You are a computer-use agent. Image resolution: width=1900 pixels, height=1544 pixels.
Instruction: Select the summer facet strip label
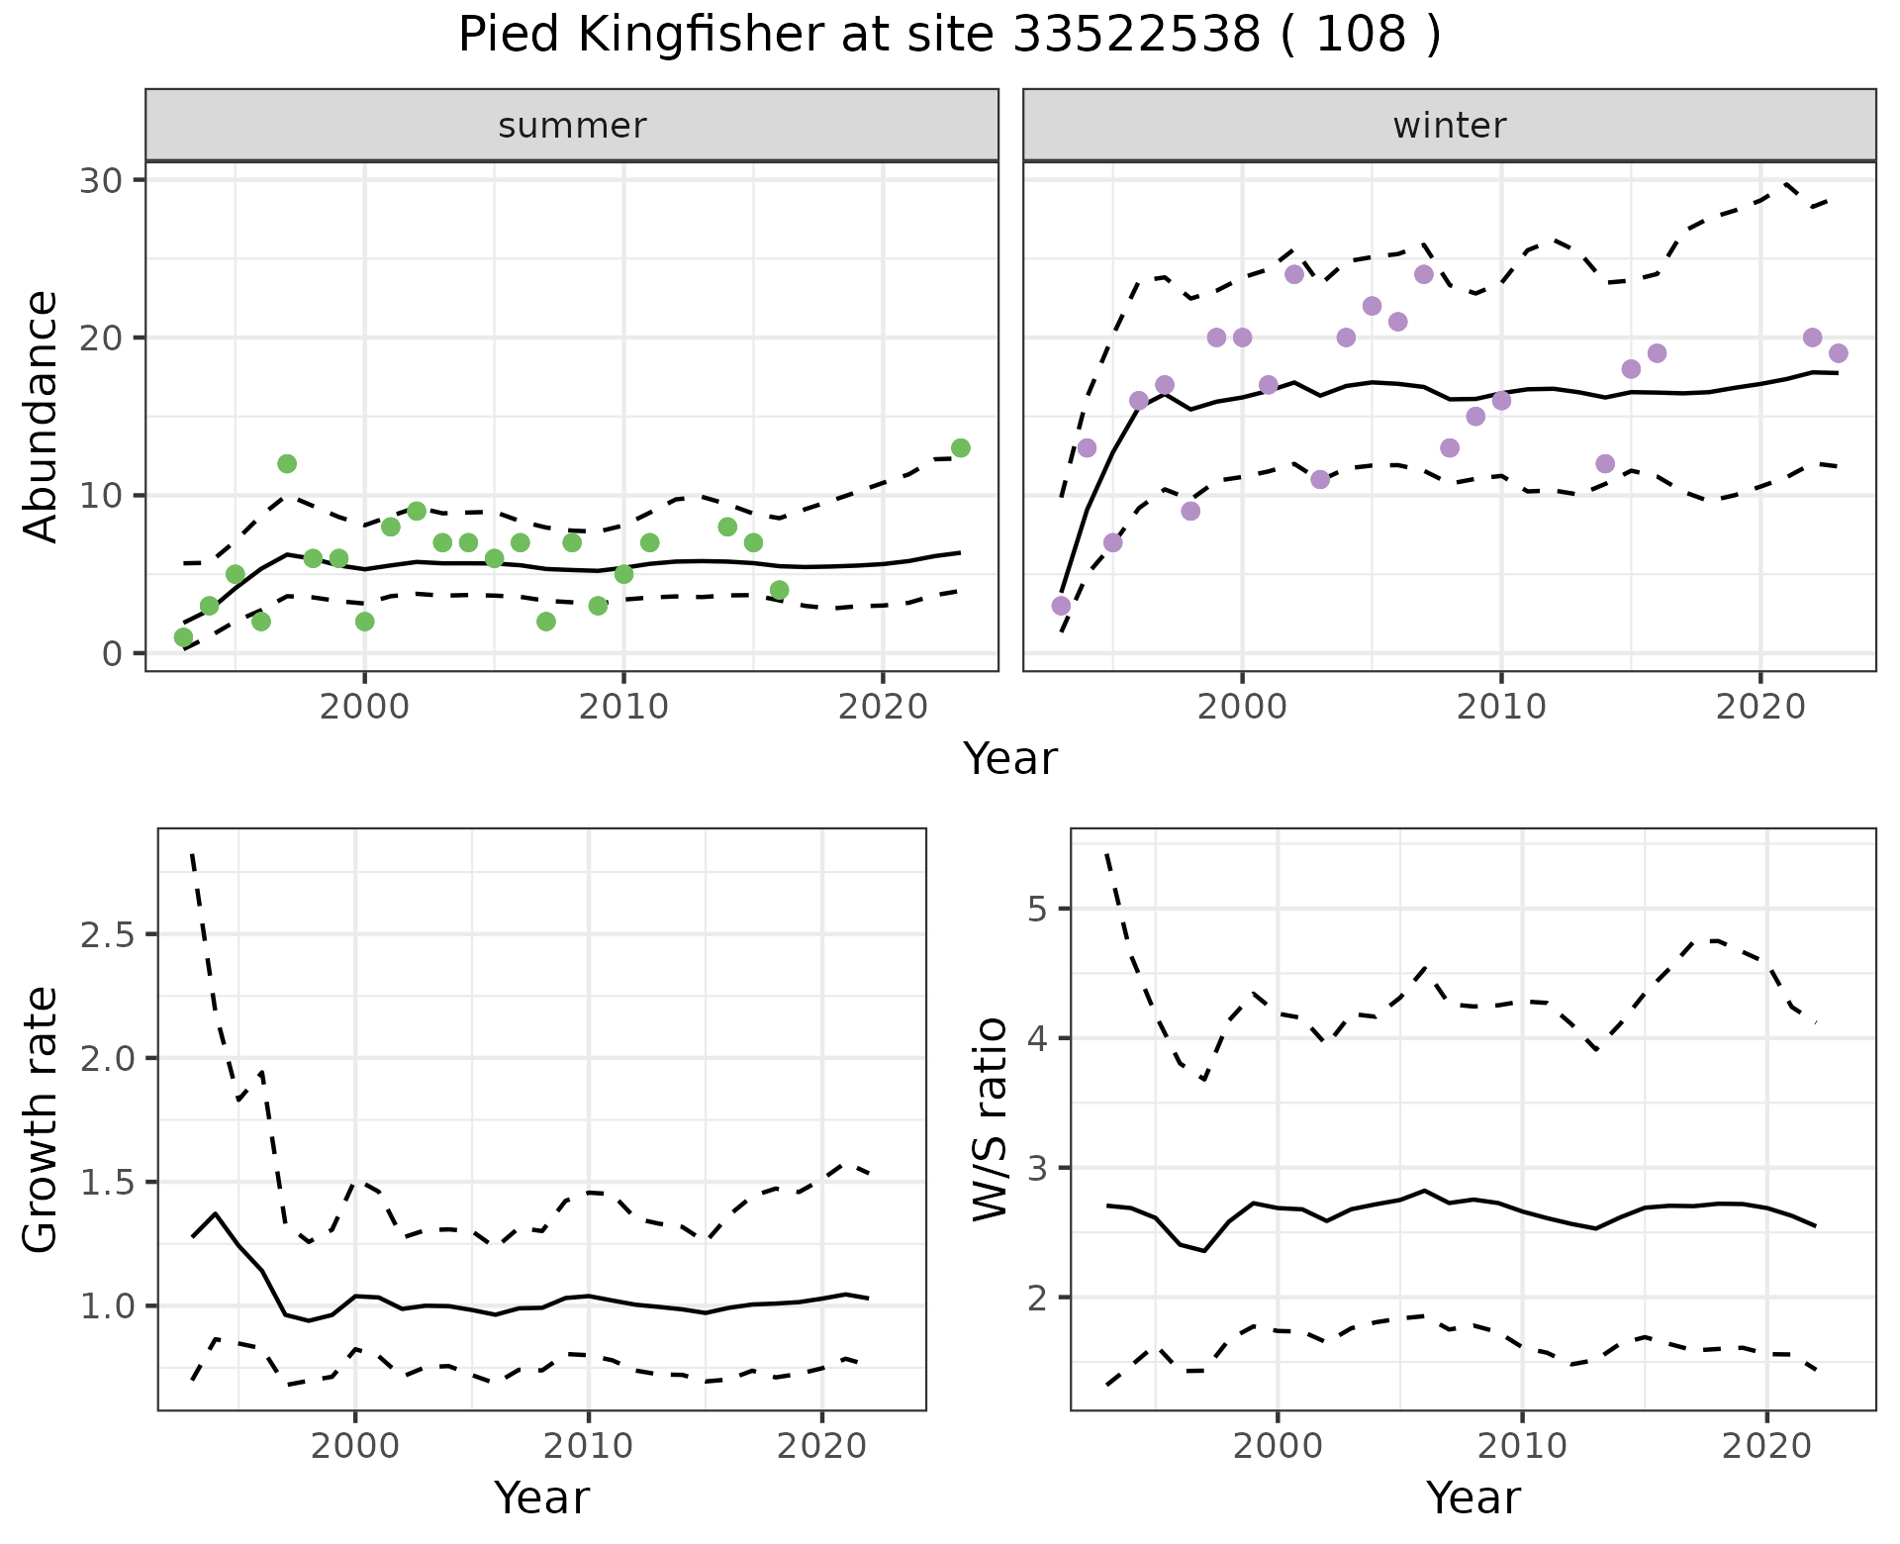(572, 126)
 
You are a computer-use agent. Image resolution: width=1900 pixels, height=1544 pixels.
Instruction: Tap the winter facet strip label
(1449, 126)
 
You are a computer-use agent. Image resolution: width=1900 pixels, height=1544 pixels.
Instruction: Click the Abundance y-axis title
(42, 416)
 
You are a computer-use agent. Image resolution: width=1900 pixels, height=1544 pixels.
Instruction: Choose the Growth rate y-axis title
(42, 1119)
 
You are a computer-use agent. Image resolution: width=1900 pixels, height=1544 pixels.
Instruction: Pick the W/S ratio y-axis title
(990, 1119)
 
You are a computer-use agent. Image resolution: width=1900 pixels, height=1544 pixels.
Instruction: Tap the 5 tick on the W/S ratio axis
(1039, 909)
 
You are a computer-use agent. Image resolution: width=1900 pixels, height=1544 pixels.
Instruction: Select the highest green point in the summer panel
(960, 448)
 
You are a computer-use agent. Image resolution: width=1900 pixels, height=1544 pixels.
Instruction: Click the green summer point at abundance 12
(287, 464)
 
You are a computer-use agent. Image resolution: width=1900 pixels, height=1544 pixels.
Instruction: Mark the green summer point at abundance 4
(779, 591)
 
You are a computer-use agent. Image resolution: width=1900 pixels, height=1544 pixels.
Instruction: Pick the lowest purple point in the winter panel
(1061, 606)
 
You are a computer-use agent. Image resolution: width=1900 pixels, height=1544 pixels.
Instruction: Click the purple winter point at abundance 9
(1190, 512)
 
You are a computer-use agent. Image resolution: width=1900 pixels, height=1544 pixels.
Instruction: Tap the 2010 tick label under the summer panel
(623, 707)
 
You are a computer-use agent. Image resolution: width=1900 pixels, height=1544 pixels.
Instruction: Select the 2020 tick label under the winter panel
(1759, 707)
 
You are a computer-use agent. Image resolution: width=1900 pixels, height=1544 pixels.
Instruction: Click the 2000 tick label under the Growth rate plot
(355, 1446)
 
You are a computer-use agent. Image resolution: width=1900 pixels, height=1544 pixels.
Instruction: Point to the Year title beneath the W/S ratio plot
(1472, 1497)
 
